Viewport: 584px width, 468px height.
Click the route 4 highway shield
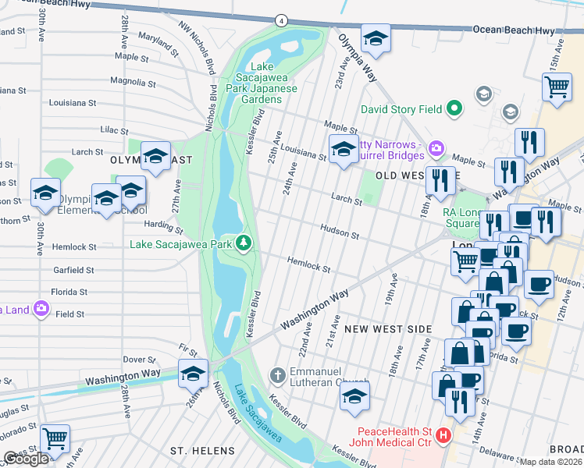click(x=280, y=19)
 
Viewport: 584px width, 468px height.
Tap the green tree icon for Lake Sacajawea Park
click(x=244, y=243)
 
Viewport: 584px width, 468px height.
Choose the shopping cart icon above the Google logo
click(x=54, y=439)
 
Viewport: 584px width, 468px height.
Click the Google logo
click(x=26, y=459)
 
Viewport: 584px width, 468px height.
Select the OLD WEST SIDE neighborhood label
click(x=407, y=176)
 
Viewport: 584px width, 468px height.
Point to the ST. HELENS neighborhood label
click(x=203, y=451)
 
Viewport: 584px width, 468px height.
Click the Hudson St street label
click(x=340, y=231)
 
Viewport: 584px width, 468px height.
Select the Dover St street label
click(x=141, y=360)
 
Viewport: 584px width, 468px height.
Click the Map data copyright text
click(x=551, y=462)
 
